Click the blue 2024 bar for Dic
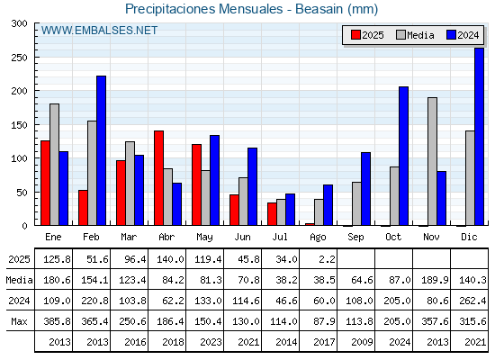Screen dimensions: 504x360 point(479,137)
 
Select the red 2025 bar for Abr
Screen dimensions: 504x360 point(158,178)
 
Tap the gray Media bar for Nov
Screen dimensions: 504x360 point(432,161)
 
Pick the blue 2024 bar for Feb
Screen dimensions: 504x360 point(101,151)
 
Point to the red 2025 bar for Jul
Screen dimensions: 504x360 point(272,214)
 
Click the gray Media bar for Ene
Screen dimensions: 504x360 point(54,165)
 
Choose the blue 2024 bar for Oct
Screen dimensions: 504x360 point(404,157)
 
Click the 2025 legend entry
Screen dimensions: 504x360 point(367,35)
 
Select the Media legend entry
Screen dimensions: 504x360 point(415,35)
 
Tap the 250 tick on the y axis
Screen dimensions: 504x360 point(19,58)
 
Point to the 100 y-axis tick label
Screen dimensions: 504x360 point(19,158)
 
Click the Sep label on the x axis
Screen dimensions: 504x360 point(355,238)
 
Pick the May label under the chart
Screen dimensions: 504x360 point(204,238)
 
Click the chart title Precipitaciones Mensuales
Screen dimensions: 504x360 point(203,9)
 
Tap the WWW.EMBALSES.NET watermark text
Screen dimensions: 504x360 point(99,31)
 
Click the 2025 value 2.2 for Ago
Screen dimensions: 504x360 point(328,259)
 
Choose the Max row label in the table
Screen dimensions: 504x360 point(19,321)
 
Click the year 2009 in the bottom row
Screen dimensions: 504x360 point(362,342)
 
